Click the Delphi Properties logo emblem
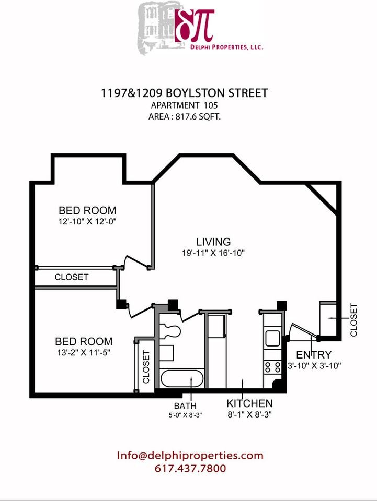pos(195,25)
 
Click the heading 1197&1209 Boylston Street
pos(185,93)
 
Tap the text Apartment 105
pos(185,105)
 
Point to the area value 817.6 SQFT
pos(198,116)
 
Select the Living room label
pos(213,242)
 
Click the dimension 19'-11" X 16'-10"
pos(213,253)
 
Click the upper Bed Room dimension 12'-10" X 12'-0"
pos(87,221)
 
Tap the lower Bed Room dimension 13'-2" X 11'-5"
pos(84,352)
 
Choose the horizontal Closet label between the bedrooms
pos(71,277)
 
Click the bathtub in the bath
pos(182,379)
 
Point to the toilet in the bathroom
pos(170,331)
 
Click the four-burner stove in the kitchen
pos(272,367)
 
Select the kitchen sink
pos(272,338)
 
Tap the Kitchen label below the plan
pos(249,403)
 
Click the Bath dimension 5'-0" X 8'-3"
pos(185,415)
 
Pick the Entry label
pos(314,355)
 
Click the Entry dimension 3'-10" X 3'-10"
pos(314,366)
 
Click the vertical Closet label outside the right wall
pos(353,320)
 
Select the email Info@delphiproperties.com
pos(190,455)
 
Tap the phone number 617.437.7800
pos(190,469)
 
